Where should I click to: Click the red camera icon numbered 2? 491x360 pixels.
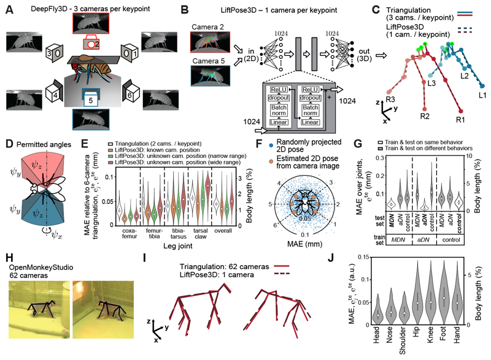pyautogui.click(x=88, y=45)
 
